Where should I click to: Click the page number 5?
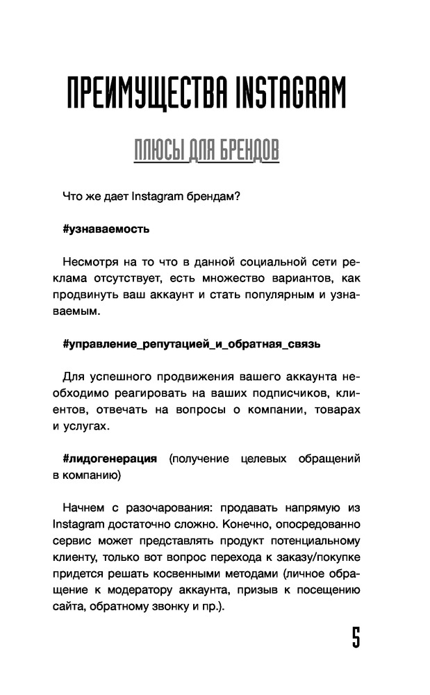356,637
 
